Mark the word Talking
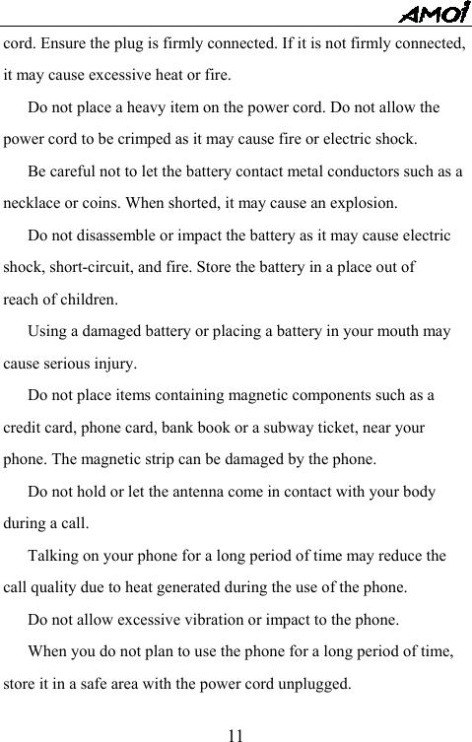click(x=55, y=556)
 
